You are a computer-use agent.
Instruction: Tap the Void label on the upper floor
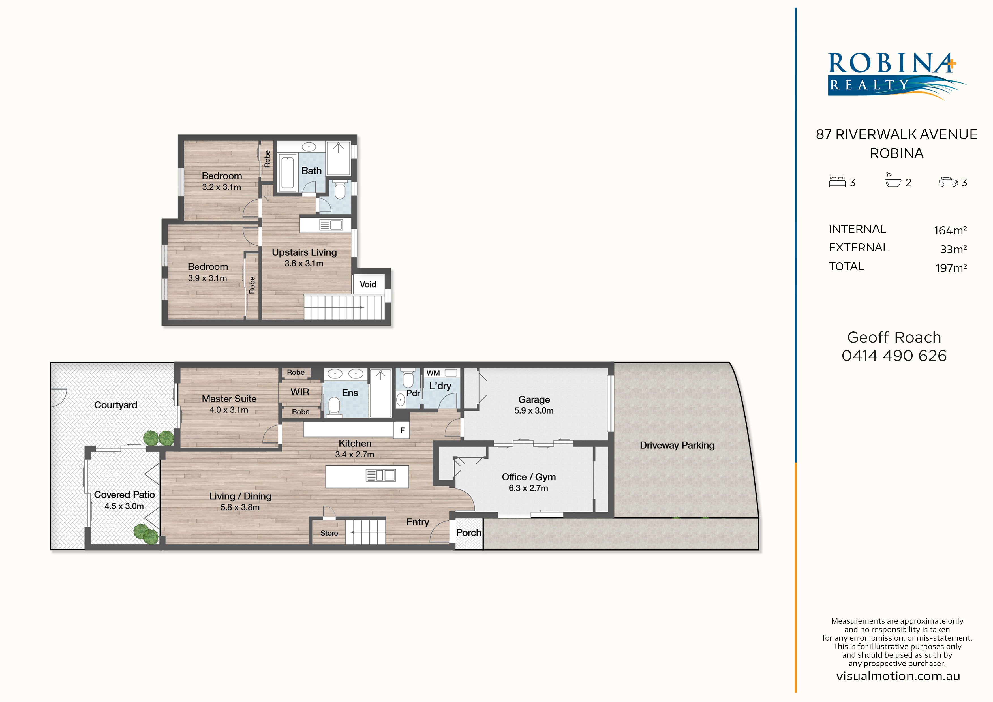[368, 284]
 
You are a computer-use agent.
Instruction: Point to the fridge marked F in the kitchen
[402, 430]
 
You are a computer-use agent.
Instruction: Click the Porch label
[468, 532]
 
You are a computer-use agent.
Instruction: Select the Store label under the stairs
[329, 533]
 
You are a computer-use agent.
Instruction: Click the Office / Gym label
[528, 477]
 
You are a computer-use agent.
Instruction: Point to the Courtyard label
[115, 405]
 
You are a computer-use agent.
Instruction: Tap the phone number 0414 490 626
[894, 356]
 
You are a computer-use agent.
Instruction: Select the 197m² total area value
[951, 268]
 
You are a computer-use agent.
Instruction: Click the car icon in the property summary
[948, 182]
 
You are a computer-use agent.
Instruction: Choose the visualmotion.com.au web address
[898, 676]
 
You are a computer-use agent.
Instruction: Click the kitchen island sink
[381, 475]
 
